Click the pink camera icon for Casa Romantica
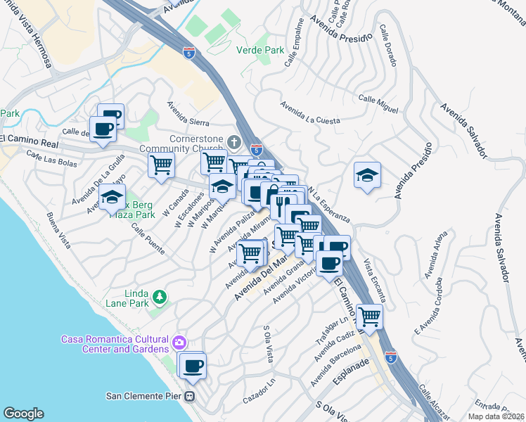179,343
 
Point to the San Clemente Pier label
145,395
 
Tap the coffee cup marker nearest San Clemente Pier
193,365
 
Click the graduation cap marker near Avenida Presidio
366,175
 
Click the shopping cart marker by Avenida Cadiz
369,316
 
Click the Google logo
23,413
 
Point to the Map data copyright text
496,416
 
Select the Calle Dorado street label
387,42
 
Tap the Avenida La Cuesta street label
310,113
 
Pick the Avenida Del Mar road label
262,278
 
